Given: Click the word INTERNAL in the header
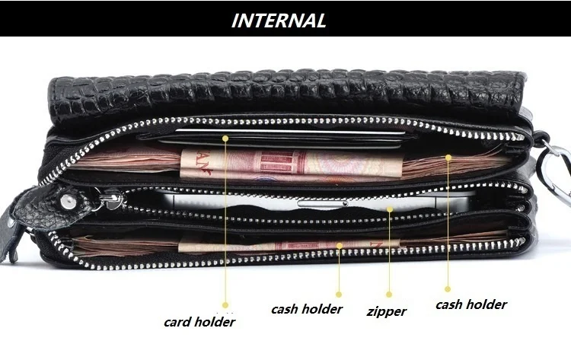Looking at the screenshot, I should [279, 20].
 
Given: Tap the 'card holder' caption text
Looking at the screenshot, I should [199, 321].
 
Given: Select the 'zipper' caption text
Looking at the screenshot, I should [387, 311].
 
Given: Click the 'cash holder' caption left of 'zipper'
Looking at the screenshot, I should [307, 309].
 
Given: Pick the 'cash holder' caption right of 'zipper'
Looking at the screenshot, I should [471, 304].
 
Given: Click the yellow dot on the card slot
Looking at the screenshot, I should [225, 138].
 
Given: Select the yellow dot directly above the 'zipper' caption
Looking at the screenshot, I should [388, 293].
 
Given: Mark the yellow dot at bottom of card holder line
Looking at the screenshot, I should [225, 305].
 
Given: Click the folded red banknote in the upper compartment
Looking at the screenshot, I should [251, 164].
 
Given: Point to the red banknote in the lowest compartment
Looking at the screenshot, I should [305, 246].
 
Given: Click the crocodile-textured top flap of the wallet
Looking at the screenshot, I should [289, 95].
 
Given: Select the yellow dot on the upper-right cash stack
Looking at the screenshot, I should [448, 158].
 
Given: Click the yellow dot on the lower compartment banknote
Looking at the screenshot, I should [340, 245].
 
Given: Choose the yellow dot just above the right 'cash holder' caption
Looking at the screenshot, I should [448, 288].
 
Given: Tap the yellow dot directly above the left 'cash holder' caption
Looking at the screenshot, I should [340, 293].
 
